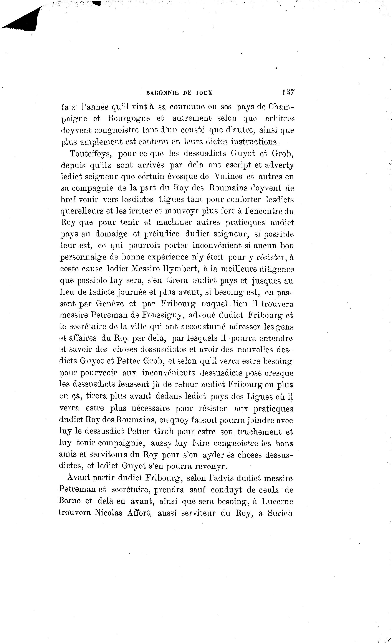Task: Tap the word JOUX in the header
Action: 204,93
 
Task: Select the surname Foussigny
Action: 164,315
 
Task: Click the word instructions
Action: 255,142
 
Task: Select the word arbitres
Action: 280,119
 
